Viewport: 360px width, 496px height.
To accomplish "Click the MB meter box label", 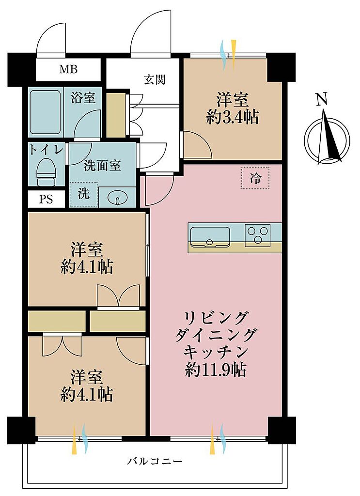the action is point(68,69).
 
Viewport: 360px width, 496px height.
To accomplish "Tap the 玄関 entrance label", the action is point(155,79).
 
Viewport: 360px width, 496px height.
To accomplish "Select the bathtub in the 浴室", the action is point(46,112).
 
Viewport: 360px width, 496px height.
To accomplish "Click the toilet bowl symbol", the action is point(47,171).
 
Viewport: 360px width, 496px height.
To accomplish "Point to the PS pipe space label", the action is point(46,200).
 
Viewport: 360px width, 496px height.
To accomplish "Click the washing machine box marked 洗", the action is point(83,194).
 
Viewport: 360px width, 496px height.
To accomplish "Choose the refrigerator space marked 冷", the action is point(255,178).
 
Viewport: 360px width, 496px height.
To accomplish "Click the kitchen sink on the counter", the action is point(210,236).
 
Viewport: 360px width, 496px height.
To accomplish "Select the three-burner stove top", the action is point(257,235).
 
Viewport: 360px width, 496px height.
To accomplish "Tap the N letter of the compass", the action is point(322,100).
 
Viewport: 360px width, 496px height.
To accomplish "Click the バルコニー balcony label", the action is point(155,461).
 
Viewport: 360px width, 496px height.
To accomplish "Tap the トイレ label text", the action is point(47,150).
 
